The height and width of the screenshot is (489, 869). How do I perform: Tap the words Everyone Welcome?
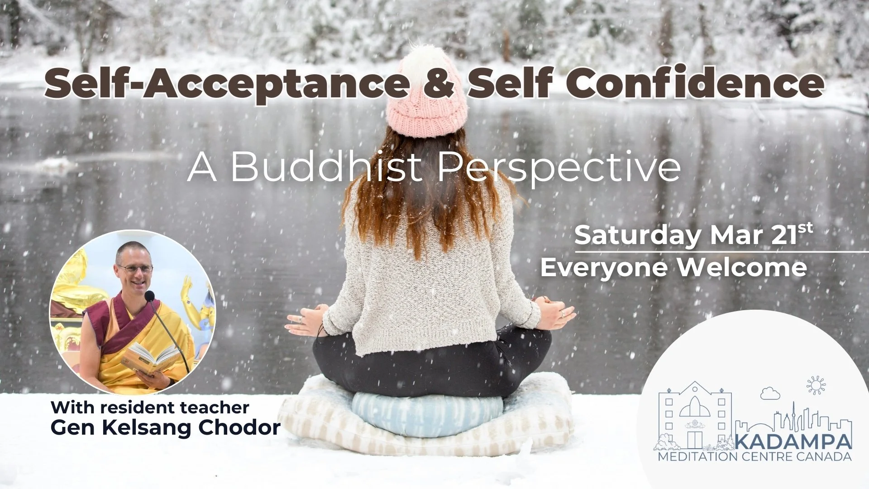pos(673,268)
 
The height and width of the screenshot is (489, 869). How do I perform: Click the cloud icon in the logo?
pos(768,394)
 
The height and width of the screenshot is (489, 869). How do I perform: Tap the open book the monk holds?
pos(149,356)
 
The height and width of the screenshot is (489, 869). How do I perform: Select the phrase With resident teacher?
pos(150,407)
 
